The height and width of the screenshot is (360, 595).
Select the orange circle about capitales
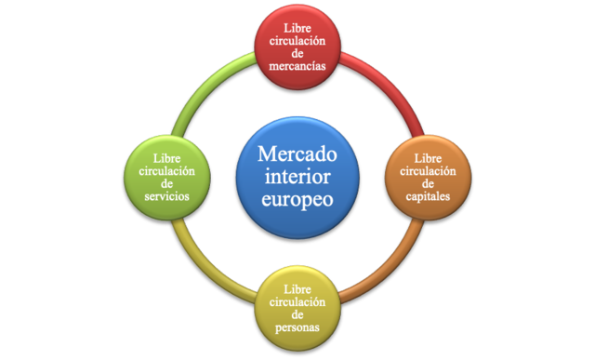click(x=424, y=177)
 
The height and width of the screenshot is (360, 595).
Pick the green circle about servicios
click(x=167, y=177)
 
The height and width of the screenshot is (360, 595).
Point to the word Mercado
click(x=297, y=153)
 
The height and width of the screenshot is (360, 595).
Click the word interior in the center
click(x=297, y=177)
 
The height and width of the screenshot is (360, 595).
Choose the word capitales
click(x=424, y=196)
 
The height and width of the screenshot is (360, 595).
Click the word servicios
click(x=167, y=196)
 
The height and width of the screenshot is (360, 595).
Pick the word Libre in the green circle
click(x=167, y=157)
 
